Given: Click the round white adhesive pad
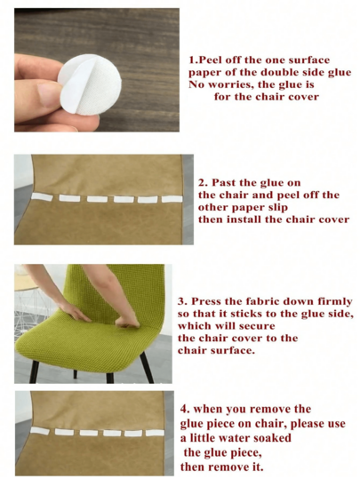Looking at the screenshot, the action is [90, 85].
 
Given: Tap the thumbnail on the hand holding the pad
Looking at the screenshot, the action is [49, 94].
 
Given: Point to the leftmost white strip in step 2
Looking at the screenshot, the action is [42, 196].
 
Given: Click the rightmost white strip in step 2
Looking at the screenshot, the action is [172, 199].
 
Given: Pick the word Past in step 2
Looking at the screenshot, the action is [224, 183].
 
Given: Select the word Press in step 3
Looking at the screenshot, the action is [206, 301].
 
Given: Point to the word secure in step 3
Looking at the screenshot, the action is [257, 326].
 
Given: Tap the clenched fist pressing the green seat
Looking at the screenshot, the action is [127, 322].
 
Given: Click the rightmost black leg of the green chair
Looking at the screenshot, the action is [147, 367].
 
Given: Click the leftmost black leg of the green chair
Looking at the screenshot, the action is [34, 371].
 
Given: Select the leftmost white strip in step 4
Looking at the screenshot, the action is [40, 431].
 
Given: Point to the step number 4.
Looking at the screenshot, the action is [185, 409].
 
